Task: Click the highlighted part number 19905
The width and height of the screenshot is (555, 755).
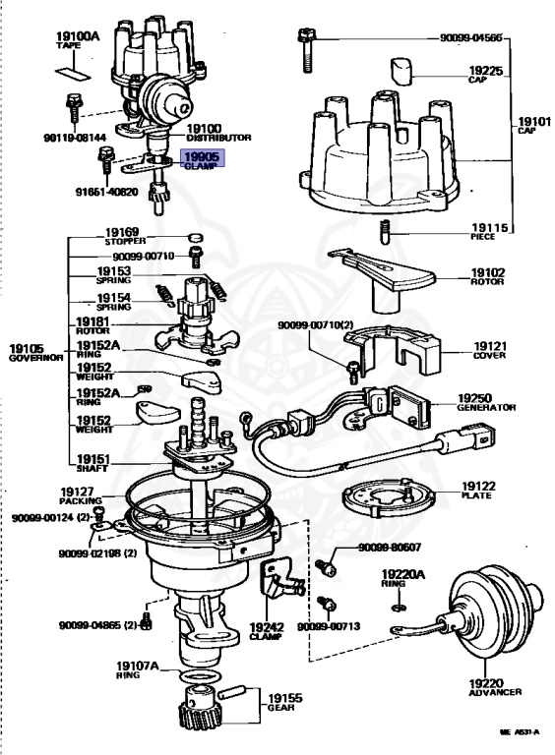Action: pyautogui.click(x=203, y=156)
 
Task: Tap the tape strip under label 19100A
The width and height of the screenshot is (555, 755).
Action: pyautogui.click(x=73, y=73)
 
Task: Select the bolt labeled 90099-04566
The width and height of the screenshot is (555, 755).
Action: pyautogui.click(x=306, y=50)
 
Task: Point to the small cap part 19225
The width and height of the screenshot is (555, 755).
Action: pyautogui.click(x=401, y=72)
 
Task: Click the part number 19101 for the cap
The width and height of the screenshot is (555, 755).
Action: pyautogui.click(x=534, y=121)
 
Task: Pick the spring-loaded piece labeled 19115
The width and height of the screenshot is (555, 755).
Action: pyautogui.click(x=385, y=232)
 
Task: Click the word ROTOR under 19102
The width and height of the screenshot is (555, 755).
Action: pyautogui.click(x=486, y=282)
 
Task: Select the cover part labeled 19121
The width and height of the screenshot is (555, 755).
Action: pyautogui.click(x=392, y=349)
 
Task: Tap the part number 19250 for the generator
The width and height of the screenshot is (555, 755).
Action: pyautogui.click(x=474, y=398)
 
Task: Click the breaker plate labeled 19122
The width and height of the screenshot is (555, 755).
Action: pyautogui.click(x=389, y=498)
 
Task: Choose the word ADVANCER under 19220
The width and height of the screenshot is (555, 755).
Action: pyautogui.click(x=495, y=692)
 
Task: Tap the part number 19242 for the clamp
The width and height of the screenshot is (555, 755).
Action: pyautogui.click(x=267, y=627)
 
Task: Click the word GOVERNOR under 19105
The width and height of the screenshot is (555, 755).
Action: pyautogui.click(x=36, y=358)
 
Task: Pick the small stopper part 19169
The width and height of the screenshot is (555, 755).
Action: pyautogui.click(x=195, y=238)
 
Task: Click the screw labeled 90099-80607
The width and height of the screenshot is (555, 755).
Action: pyautogui.click(x=326, y=567)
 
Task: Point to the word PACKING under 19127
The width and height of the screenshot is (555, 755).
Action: pyautogui.click(x=81, y=500)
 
